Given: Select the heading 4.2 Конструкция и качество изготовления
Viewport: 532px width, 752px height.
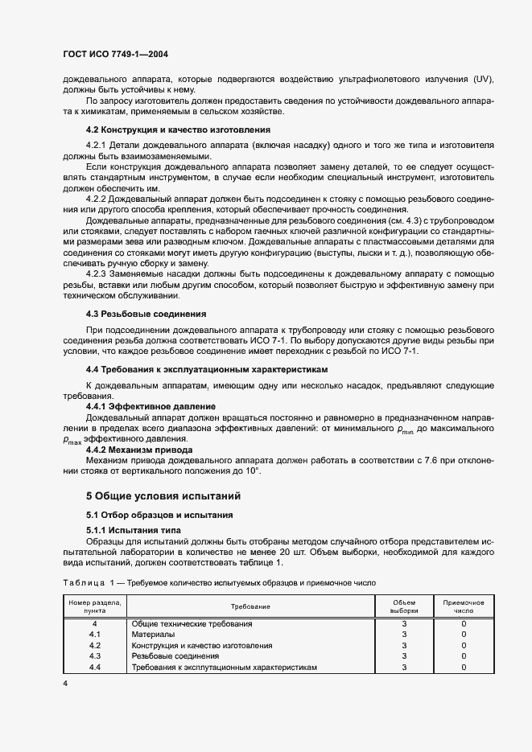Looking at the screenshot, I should pyautogui.click(x=178, y=129).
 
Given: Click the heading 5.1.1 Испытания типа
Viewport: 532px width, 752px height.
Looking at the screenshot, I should pyautogui.click(x=133, y=530).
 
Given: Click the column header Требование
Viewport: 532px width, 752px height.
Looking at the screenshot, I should pyautogui.click(x=250, y=606).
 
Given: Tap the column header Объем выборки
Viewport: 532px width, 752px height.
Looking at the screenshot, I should pyautogui.click(x=405, y=606).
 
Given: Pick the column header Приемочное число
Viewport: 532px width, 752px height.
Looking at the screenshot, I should pyautogui.click(x=464, y=606).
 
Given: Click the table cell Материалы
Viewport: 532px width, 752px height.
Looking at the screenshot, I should pyautogui.click(x=152, y=635).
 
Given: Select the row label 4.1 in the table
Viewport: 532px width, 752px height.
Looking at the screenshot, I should pyautogui.click(x=94, y=635).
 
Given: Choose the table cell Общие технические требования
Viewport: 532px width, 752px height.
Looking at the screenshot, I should pyautogui.click(x=192, y=623).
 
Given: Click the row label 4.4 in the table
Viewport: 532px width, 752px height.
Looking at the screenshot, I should pyautogui.click(x=94, y=668).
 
